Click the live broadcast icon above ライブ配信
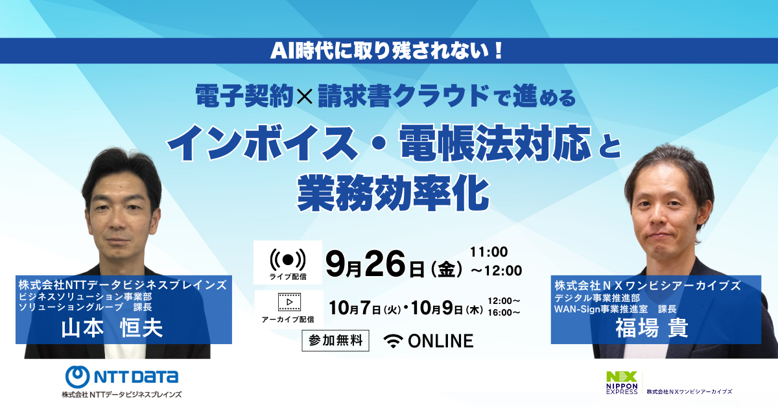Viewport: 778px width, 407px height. [x=288, y=259]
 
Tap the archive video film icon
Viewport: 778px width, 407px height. [x=289, y=302]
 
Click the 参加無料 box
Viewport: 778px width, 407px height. [x=335, y=341]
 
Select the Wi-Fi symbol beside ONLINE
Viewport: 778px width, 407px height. [x=393, y=341]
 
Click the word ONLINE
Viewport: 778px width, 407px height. [x=440, y=341]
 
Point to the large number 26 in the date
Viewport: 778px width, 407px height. [x=385, y=264]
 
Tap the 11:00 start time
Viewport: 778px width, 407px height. [x=489, y=251]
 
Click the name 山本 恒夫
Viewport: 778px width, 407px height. [x=112, y=328]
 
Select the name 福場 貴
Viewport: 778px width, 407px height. [x=652, y=328]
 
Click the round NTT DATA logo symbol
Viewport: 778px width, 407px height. [x=77, y=377]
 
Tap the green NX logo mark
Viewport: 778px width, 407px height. [x=622, y=377]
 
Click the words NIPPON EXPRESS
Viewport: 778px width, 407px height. [x=622, y=389]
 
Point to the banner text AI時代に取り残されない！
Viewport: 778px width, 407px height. [x=386, y=51]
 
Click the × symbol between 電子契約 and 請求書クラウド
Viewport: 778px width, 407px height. [x=305, y=97]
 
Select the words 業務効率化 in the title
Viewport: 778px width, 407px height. [x=393, y=193]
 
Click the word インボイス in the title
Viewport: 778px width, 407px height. [x=263, y=143]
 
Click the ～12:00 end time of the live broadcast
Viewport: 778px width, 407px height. [x=496, y=271]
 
